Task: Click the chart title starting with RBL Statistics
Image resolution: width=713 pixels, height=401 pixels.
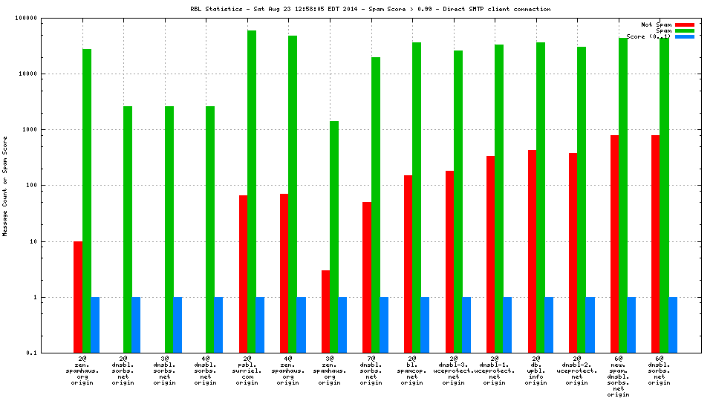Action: click(x=370, y=9)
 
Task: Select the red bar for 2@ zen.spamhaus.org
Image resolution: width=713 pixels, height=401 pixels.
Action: click(x=78, y=297)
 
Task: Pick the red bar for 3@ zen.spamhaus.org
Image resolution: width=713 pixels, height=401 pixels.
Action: click(x=325, y=311)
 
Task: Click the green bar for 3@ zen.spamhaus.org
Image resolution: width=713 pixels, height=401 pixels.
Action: click(x=334, y=237)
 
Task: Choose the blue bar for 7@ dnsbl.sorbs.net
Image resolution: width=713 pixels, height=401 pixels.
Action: click(x=384, y=325)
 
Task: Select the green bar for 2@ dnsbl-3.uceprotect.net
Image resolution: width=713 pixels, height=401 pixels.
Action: click(x=458, y=201)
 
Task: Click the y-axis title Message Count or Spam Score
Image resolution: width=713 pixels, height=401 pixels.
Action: click(x=5, y=186)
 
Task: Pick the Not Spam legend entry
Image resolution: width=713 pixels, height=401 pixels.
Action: click(x=657, y=25)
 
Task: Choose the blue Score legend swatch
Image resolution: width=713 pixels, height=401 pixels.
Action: click(x=684, y=36)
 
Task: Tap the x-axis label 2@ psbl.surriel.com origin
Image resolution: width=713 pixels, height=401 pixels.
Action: click(x=248, y=371)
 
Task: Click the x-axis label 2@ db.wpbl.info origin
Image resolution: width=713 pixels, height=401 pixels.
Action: click(x=535, y=371)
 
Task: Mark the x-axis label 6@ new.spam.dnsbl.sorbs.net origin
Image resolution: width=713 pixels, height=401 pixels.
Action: click(x=618, y=376)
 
